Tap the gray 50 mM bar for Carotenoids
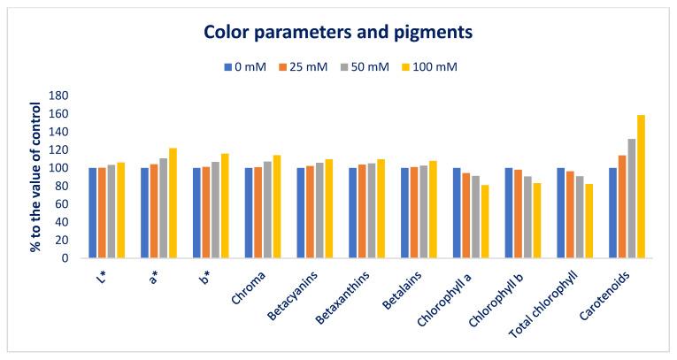tap(631, 199)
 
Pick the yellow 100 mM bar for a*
tap(172, 203)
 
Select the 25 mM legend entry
tap(310, 66)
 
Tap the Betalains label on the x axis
tap(419, 287)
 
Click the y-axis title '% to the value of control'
tap(37, 177)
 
